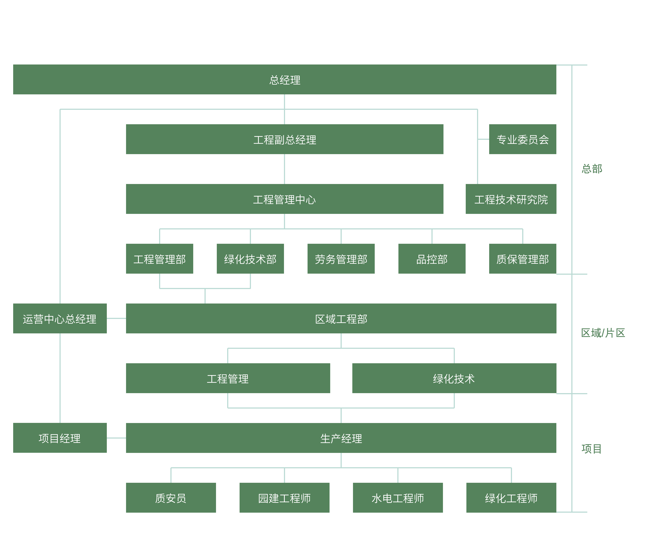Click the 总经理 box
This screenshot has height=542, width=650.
pyautogui.click(x=284, y=79)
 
